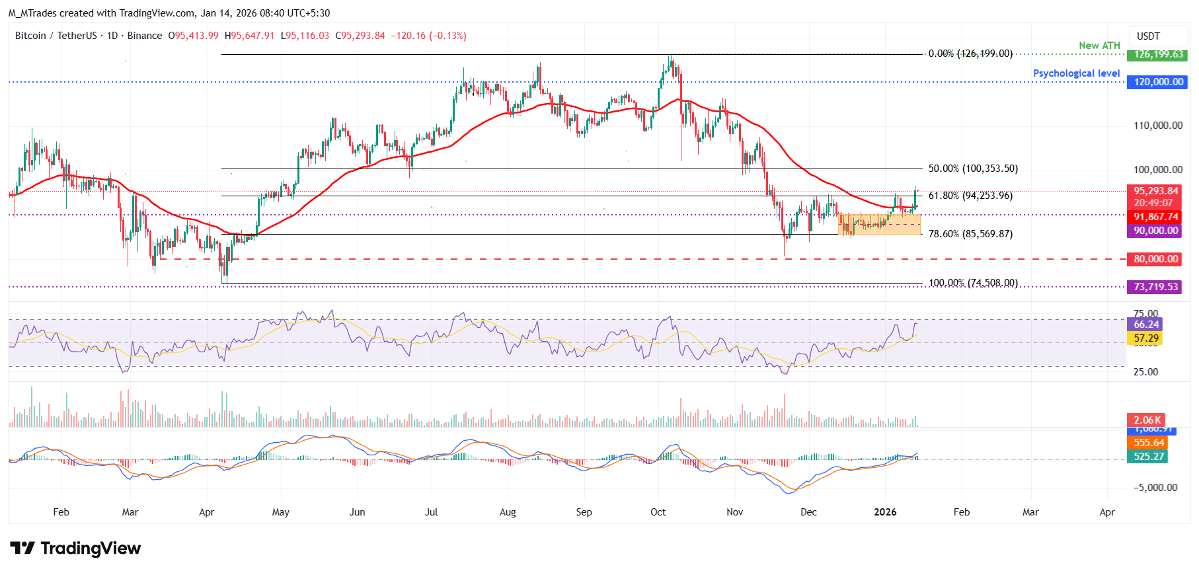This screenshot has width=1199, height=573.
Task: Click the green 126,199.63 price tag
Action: pos(1159,55)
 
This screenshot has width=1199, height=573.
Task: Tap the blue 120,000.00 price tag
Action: pos(1158,82)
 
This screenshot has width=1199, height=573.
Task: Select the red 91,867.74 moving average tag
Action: pos(1155,217)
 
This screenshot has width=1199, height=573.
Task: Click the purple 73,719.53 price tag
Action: pos(1155,287)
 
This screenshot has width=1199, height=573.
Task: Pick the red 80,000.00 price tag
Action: pos(1155,259)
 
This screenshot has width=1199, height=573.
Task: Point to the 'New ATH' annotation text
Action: pos(1099,46)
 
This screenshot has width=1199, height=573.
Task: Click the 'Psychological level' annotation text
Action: pos(1076,73)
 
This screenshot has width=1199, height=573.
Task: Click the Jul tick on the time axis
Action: pos(431,512)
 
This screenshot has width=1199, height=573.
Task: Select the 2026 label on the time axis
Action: pos(885,512)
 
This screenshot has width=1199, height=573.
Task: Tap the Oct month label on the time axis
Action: pos(658,512)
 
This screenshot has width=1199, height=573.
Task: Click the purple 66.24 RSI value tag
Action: pos(1146,325)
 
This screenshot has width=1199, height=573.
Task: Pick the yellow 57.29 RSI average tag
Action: pos(1146,338)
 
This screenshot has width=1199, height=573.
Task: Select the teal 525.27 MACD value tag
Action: pos(1149,457)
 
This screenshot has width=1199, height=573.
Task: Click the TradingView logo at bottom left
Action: pos(75,549)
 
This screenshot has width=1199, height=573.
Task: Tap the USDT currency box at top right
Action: pos(1148,36)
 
